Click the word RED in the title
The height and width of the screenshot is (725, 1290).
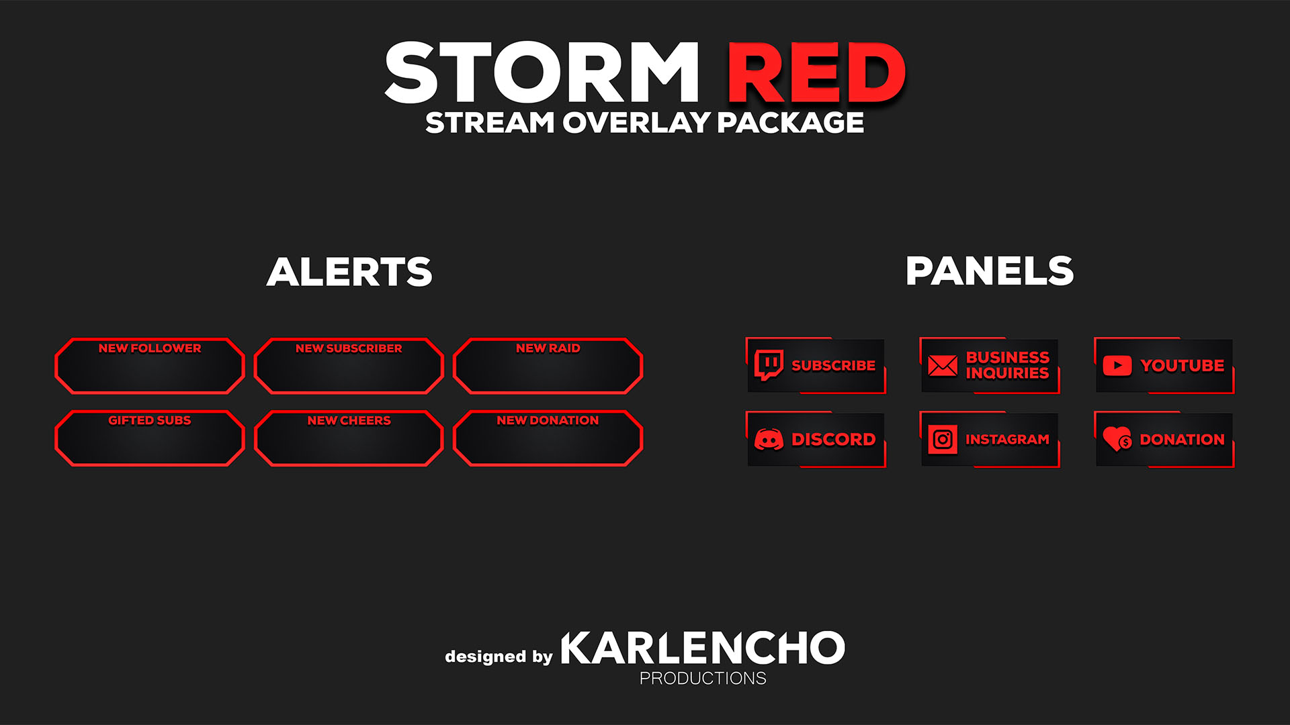(x=817, y=72)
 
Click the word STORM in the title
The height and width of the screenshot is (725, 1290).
(x=542, y=72)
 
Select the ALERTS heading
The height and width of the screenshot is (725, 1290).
(x=349, y=272)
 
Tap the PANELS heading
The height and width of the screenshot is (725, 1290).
(x=990, y=271)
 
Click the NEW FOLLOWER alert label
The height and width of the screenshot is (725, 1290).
(x=150, y=348)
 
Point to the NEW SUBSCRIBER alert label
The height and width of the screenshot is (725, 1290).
(x=349, y=348)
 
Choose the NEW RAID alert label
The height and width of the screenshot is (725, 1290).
(x=548, y=348)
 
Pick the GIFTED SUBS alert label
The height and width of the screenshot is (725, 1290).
(x=150, y=420)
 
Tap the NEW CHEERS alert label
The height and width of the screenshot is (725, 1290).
(x=349, y=420)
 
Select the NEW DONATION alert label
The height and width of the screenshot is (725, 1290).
(x=548, y=420)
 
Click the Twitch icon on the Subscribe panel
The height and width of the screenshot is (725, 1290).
(x=769, y=365)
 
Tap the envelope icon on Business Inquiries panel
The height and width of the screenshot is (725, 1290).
(x=943, y=366)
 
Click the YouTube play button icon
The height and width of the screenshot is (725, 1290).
(x=1117, y=366)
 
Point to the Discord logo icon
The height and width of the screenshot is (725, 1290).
(x=769, y=440)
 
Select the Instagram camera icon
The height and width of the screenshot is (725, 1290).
(x=943, y=440)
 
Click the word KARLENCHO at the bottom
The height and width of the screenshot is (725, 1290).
(x=703, y=648)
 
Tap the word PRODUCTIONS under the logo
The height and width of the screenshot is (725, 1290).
(x=703, y=679)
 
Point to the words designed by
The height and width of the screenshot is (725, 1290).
(x=499, y=657)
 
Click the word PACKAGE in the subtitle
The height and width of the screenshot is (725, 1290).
(x=790, y=123)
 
